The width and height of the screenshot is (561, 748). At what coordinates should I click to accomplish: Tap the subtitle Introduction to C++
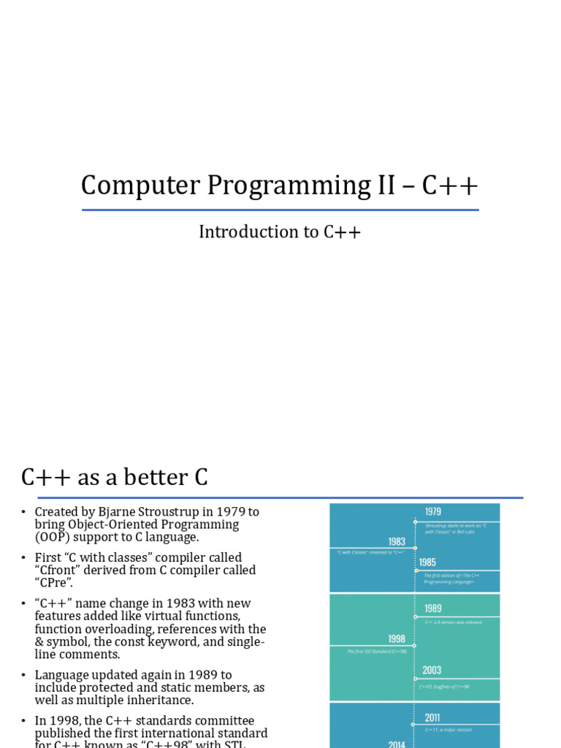[280, 232]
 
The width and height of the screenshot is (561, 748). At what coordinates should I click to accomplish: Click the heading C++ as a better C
[115, 478]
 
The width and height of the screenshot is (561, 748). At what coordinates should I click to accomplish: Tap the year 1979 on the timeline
[433, 512]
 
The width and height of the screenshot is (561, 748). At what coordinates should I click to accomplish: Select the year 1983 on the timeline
[397, 541]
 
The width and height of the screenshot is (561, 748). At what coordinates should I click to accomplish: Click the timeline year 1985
[428, 562]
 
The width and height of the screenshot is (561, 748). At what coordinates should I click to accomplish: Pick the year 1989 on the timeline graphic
[433, 608]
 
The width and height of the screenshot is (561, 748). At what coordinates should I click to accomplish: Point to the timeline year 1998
[397, 638]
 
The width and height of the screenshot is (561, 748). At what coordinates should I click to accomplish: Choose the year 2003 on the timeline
[432, 670]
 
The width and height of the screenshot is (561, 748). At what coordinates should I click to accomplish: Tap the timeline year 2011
[432, 717]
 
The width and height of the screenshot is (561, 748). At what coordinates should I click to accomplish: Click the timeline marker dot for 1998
[415, 646]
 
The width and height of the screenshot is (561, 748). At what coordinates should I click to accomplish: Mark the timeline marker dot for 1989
[415, 617]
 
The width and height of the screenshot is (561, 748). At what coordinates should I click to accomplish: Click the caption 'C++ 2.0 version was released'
[453, 623]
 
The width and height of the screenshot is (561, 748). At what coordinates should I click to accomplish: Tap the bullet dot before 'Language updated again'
[23, 676]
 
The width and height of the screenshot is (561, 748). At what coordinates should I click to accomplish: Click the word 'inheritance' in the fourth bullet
[148, 701]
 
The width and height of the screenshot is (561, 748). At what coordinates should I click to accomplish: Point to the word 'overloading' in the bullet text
[121, 630]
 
